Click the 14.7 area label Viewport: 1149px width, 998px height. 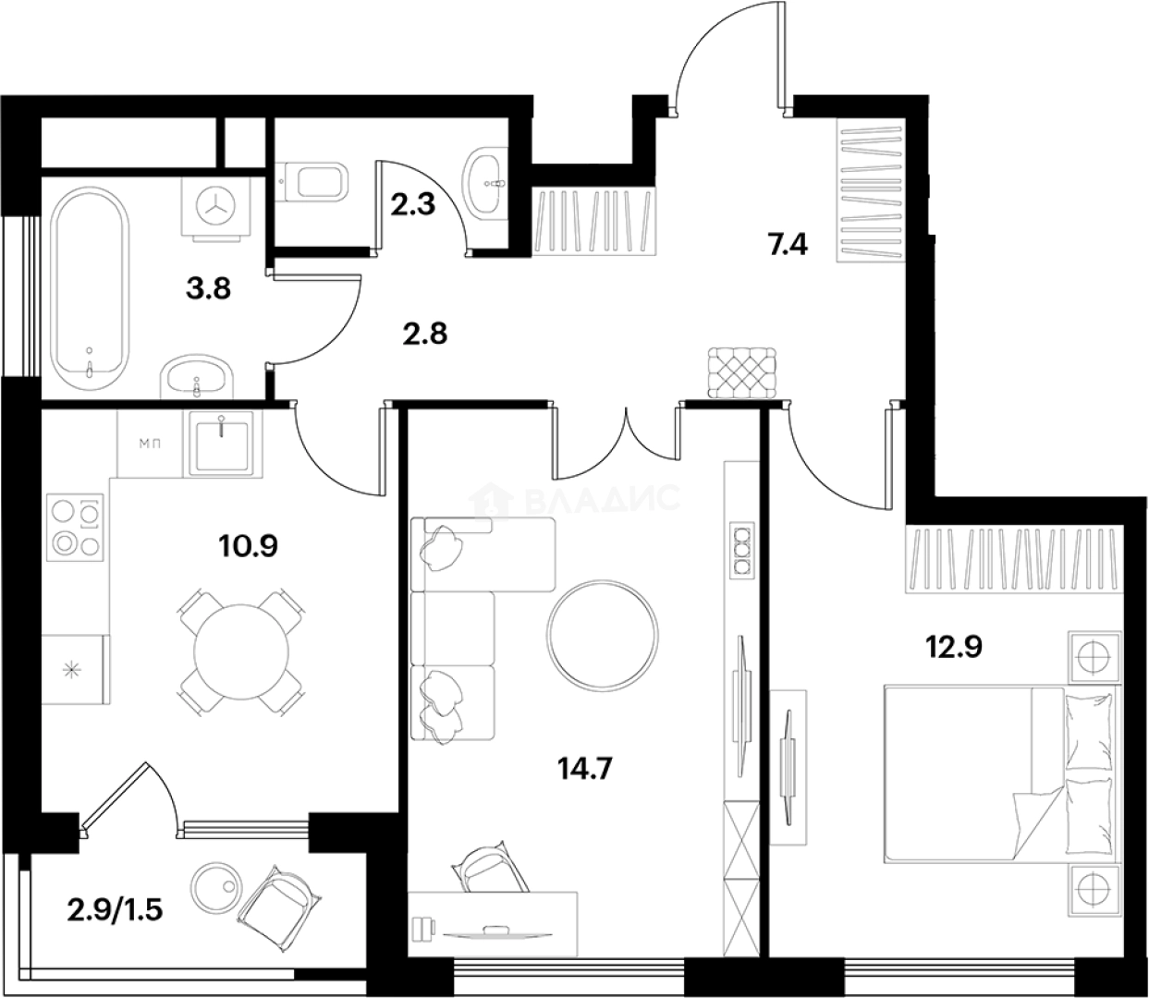[586, 767]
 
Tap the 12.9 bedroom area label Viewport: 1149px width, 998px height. [953, 646]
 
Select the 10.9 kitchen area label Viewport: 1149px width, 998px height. [248, 545]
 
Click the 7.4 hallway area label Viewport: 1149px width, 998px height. [788, 246]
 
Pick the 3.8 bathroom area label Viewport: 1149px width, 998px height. [206, 288]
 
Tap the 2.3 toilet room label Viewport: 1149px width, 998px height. [412, 203]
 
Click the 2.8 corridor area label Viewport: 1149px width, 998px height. [425, 333]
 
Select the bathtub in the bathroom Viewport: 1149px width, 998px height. [89, 287]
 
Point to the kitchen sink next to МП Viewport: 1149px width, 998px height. [222, 443]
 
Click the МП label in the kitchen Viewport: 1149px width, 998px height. [151, 444]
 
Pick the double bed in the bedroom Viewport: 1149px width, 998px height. [1003, 773]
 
